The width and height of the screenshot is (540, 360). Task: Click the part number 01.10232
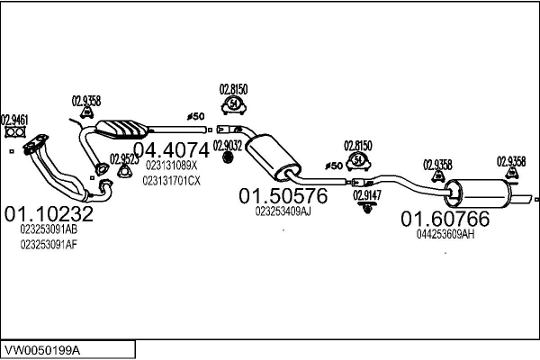click(x=49, y=215)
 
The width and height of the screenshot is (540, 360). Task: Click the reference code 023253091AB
click(x=49, y=229)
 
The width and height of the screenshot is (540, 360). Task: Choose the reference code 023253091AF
click(x=49, y=245)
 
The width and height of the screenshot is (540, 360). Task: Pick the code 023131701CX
click(x=171, y=181)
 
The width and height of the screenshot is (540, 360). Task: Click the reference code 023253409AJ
click(x=283, y=211)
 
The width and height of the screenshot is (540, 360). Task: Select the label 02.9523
click(x=124, y=159)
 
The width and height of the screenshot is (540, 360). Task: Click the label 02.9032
click(x=227, y=145)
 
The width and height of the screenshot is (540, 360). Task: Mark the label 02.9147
click(x=366, y=194)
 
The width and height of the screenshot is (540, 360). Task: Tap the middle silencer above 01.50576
click(x=274, y=157)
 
